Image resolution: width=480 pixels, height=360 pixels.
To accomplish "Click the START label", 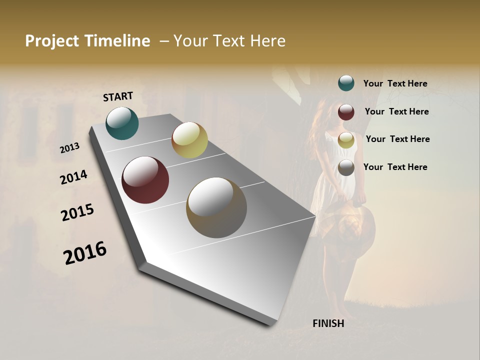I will (x=118, y=96).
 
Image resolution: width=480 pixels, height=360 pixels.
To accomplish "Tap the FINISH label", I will (x=328, y=323).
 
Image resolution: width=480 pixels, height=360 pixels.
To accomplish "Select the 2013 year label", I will (x=70, y=148).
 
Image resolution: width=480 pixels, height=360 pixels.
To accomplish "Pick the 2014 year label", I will (x=74, y=177).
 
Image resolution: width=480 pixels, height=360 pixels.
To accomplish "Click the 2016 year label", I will (x=85, y=253).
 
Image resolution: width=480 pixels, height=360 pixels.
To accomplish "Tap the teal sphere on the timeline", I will (x=122, y=123).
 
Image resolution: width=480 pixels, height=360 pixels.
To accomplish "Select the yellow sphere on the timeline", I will (x=189, y=140).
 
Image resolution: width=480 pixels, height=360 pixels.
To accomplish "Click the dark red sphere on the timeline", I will (x=145, y=180).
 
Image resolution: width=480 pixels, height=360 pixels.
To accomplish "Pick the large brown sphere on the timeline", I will (x=216, y=207).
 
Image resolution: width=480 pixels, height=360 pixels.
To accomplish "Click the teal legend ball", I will (x=346, y=83).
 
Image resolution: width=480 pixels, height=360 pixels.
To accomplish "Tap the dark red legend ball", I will (x=346, y=112).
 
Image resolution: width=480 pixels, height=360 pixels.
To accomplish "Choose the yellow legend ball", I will (x=346, y=140).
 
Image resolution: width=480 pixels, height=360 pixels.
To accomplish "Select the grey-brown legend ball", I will (x=346, y=167).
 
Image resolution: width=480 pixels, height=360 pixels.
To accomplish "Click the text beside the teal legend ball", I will (x=395, y=83).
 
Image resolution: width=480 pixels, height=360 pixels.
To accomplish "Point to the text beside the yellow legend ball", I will (x=397, y=139).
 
